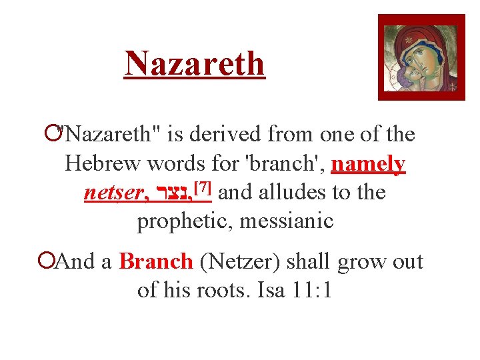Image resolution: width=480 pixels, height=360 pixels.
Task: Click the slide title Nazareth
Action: pos(195,64)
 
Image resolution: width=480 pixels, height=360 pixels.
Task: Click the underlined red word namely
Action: pos(368,163)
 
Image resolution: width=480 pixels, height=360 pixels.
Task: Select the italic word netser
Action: pos(113,193)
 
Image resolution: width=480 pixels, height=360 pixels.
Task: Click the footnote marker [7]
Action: pos(202,189)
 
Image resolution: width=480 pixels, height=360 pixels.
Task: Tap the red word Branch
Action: pos(156,261)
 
